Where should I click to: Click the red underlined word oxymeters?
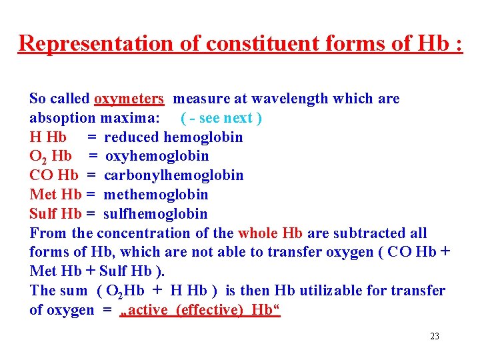pos(129,99)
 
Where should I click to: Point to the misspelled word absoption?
pos(63,118)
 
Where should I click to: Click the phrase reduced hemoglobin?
pos(173,137)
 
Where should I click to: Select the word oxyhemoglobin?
pos(157,156)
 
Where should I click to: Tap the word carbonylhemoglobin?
pos(173,175)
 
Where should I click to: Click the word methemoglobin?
pos(156,195)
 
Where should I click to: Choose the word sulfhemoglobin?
pos(155,214)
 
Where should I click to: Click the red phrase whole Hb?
pos(270,233)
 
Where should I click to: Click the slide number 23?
pos(435,336)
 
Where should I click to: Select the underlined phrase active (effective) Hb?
pos(200,311)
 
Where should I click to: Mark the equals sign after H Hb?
pos(91,137)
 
